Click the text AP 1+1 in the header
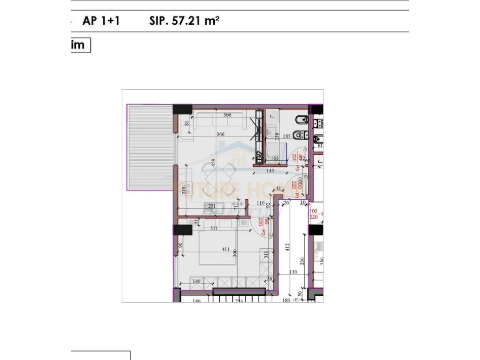(x=101, y=21)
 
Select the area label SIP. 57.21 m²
(x=184, y=21)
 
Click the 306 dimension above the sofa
(x=227, y=115)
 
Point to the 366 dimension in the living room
(x=220, y=134)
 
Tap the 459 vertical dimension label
(x=214, y=163)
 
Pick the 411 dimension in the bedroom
(x=226, y=249)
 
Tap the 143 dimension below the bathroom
(x=277, y=170)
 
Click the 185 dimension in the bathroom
(x=286, y=136)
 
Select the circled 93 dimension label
(x=276, y=158)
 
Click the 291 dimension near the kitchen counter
(x=212, y=205)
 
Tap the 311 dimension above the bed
(x=214, y=228)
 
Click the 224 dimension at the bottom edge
(x=238, y=301)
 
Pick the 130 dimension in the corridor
(x=293, y=272)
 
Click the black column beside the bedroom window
(x=182, y=230)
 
